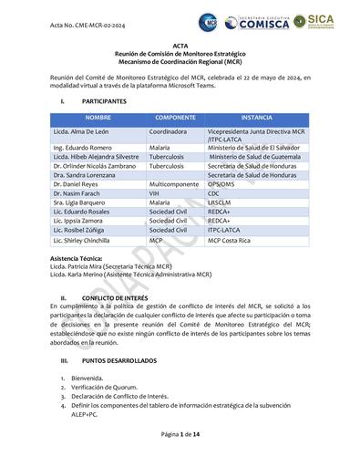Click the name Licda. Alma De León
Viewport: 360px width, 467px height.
point(82,132)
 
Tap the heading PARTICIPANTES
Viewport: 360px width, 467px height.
point(105,102)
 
